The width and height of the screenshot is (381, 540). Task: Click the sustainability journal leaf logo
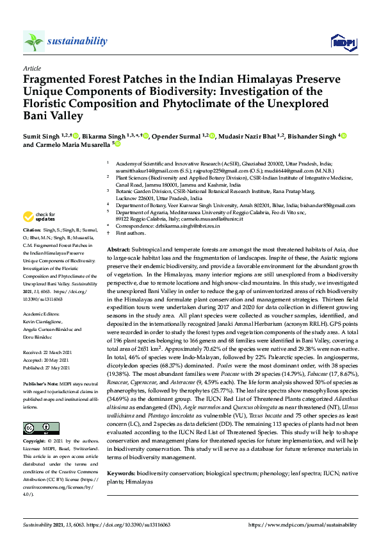[x=33, y=41]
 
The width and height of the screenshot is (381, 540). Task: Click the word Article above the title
[x=31, y=68]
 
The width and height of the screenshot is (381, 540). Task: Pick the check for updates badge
[x=40, y=217]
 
